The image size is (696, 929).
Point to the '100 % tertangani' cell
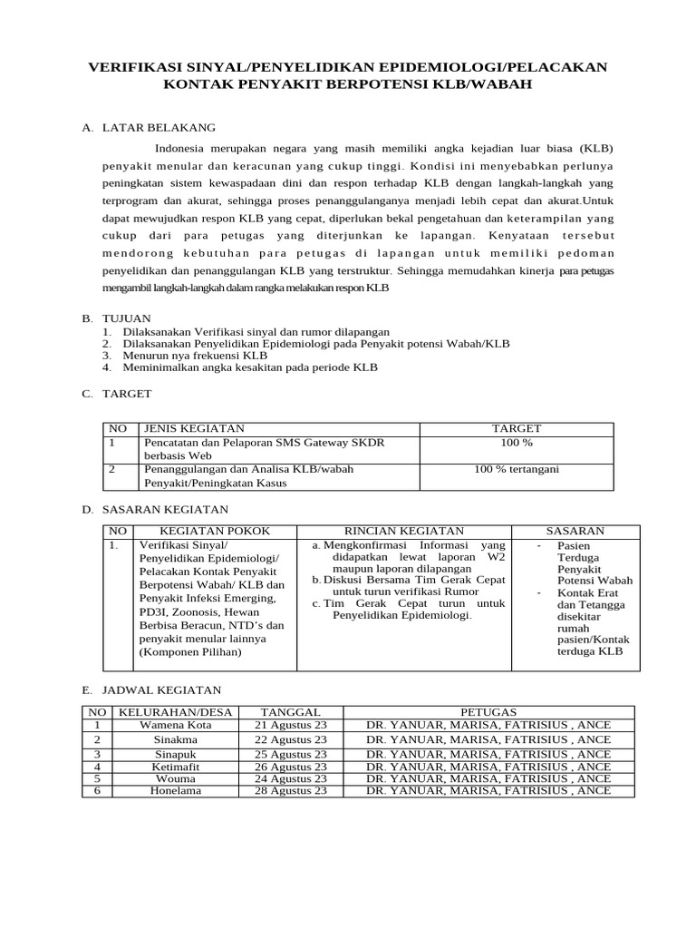(517, 469)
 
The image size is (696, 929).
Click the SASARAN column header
(575, 531)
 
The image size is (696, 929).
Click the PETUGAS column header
(488, 712)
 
